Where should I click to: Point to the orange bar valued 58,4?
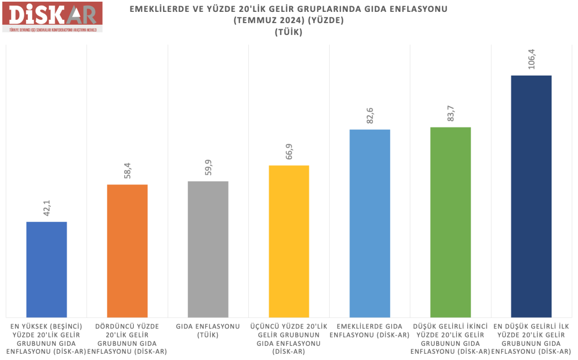pyautogui.click(x=127, y=251)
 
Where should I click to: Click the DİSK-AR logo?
pyautogui.click(x=52, y=16)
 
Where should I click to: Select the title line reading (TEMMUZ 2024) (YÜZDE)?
pyautogui.click(x=288, y=21)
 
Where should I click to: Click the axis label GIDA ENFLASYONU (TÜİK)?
pyautogui.click(x=208, y=331)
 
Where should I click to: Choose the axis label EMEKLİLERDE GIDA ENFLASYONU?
pyautogui.click(x=369, y=331)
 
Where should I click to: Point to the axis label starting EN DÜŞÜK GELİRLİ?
pyautogui.click(x=531, y=339)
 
